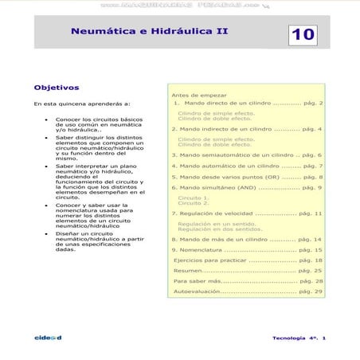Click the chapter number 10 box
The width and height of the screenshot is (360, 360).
[303, 33]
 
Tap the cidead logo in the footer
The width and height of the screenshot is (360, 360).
[49, 338]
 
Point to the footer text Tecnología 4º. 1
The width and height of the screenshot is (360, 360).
[299, 338]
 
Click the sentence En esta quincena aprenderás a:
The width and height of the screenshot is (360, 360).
[71, 104]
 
